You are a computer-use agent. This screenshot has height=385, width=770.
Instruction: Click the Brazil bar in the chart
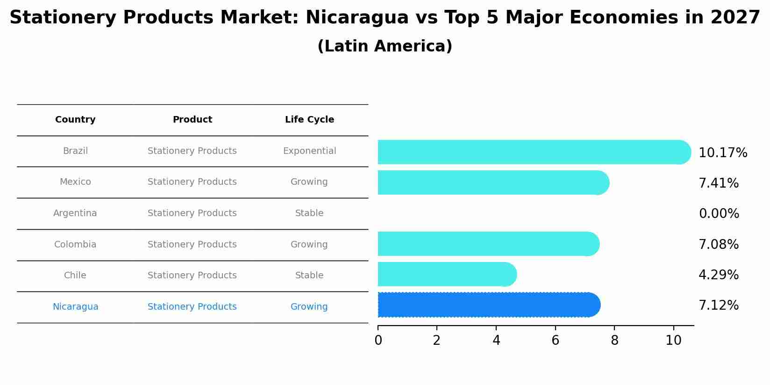(533, 152)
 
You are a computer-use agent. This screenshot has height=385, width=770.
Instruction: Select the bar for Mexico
(493, 182)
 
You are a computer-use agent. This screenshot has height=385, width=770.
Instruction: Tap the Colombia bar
(488, 244)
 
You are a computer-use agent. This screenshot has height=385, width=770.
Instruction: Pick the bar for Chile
(447, 274)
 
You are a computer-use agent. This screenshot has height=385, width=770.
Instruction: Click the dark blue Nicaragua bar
(488, 305)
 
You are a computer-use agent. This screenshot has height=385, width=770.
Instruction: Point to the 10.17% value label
(723, 153)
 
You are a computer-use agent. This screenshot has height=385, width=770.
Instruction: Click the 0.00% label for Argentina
(719, 214)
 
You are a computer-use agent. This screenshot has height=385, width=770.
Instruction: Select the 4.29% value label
(719, 275)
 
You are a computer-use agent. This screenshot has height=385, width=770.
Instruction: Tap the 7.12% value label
(719, 305)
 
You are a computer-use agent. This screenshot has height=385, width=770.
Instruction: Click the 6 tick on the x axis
(555, 341)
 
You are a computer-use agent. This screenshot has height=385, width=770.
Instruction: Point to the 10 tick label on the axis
(673, 341)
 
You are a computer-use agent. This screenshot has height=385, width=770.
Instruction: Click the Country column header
(75, 120)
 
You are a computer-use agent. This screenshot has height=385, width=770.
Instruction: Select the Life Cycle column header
(309, 120)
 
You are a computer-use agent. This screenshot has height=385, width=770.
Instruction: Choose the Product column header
(192, 120)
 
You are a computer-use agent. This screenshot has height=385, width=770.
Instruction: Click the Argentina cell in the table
(75, 213)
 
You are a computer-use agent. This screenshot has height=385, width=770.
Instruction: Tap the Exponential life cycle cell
(309, 151)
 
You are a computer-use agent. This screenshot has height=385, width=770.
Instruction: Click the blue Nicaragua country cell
(75, 307)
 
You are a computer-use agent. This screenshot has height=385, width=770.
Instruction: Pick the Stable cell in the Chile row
(309, 276)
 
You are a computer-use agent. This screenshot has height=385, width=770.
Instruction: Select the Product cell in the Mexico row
(192, 182)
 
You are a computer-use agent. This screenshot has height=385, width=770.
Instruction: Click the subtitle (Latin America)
(385, 46)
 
